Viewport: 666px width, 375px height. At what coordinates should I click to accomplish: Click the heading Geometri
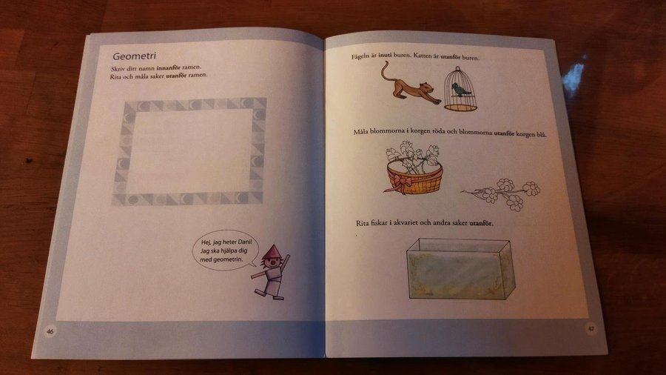tap(134, 56)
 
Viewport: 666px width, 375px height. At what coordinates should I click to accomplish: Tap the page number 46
tap(50, 331)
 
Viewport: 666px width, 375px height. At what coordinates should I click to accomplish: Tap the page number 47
tap(591, 328)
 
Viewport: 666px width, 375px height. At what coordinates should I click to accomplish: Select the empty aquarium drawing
tap(460, 269)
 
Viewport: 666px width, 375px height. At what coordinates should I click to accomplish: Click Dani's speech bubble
tap(225, 250)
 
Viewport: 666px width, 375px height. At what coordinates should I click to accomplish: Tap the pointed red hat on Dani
tap(270, 253)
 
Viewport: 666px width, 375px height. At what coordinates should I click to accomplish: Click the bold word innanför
tap(168, 67)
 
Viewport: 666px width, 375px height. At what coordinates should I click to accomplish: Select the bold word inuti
tap(385, 56)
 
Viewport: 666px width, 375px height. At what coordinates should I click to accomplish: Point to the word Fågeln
tap(360, 56)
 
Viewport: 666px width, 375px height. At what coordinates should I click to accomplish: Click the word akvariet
tap(406, 222)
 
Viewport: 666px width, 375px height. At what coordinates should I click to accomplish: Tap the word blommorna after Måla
tap(387, 131)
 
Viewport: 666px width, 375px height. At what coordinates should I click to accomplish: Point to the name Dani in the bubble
tap(245, 242)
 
